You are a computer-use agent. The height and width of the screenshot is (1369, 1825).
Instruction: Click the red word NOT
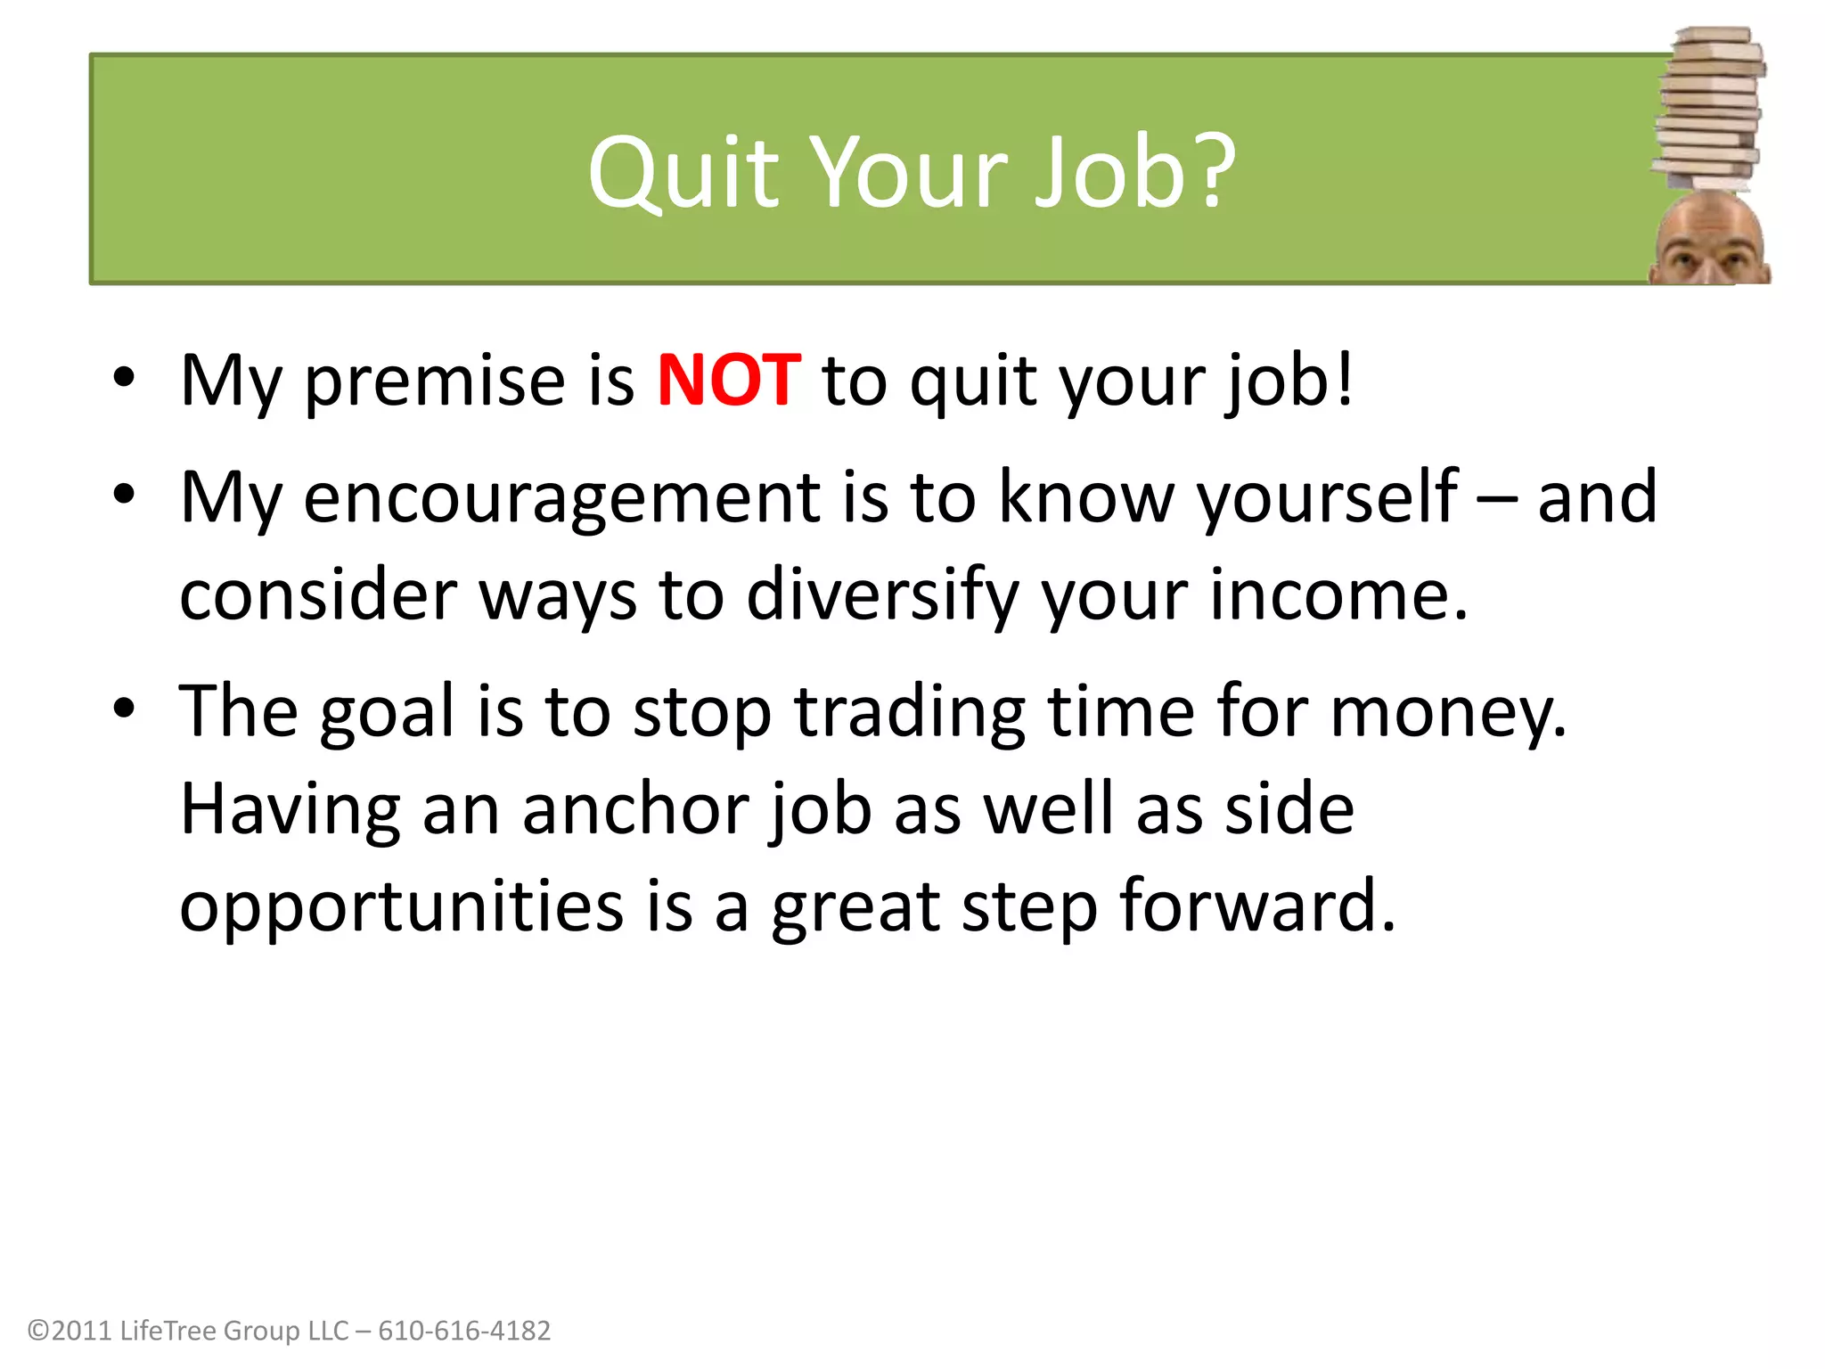point(728,381)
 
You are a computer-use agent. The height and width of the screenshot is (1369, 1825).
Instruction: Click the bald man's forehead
point(1710,227)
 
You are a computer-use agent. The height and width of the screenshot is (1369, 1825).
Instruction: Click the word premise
point(435,383)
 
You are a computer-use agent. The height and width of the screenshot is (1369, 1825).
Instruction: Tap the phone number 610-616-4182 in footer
point(464,1331)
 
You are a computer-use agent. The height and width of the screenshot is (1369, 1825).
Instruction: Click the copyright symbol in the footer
point(38,1332)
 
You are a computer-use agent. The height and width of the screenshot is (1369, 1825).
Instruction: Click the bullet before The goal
point(124,709)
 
